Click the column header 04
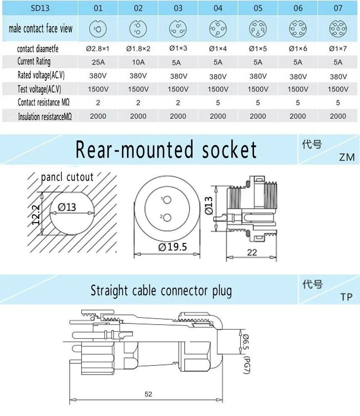(x=218, y=8)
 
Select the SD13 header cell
(x=40, y=8)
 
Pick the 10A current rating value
(x=138, y=62)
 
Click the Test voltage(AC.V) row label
(x=40, y=89)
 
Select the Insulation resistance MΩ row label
(x=45, y=117)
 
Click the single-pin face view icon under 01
(x=98, y=29)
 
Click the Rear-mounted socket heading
(x=166, y=150)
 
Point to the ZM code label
(x=347, y=157)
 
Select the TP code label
(x=347, y=297)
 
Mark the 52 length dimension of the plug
(x=148, y=395)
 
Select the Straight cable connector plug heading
(x=161, y=291)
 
